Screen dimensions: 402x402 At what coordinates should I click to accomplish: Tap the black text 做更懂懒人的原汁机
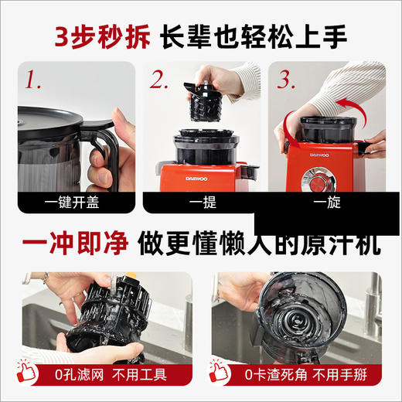[259, 244]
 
